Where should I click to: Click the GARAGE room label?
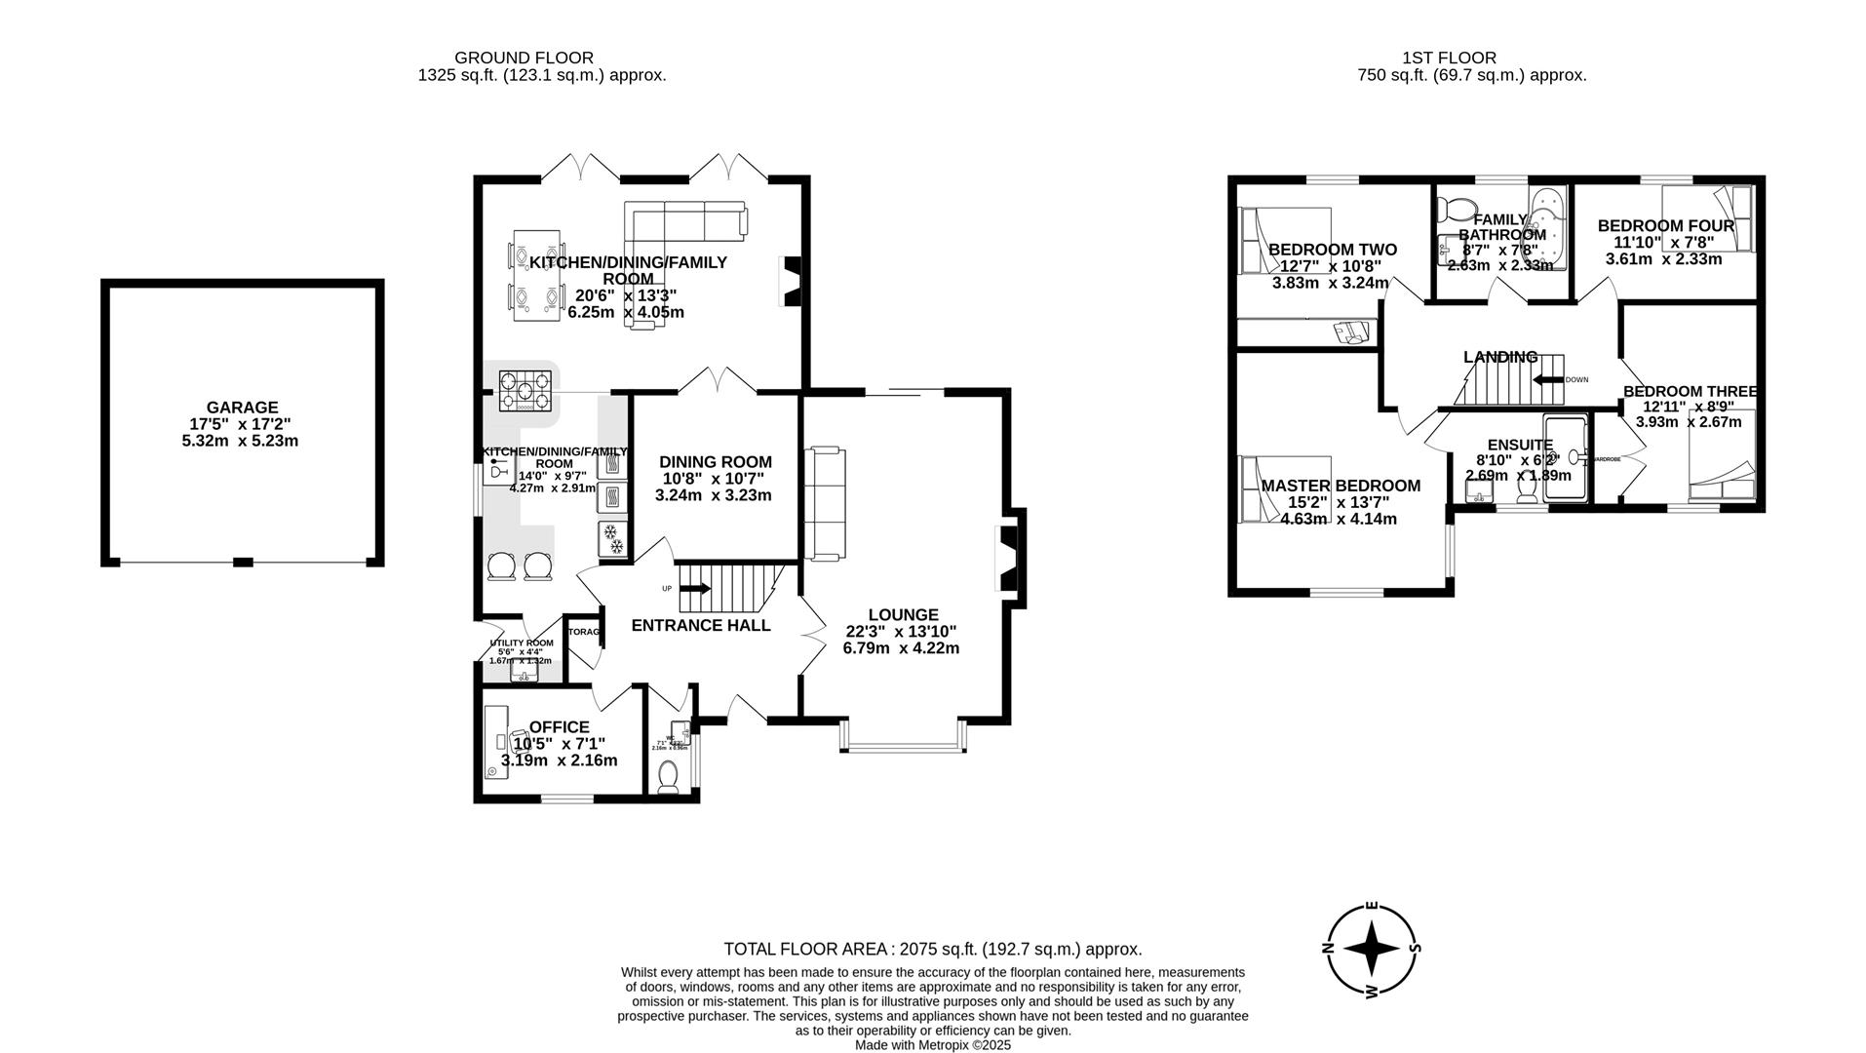(241, 408)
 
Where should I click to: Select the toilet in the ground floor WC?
(669, 776)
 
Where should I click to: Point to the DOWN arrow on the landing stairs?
(1547, 380)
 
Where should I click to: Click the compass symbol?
(1371, 948)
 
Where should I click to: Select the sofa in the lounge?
(824, 503)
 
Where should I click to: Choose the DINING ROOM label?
(715, 462)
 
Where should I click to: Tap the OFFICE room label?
(559, 727)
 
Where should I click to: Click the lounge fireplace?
(1007, 557)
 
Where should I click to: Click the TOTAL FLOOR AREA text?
(932, 949)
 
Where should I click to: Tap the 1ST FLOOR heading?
(1449, 58)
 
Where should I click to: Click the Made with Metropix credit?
(932, 1045)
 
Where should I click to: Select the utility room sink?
(525, 674)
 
